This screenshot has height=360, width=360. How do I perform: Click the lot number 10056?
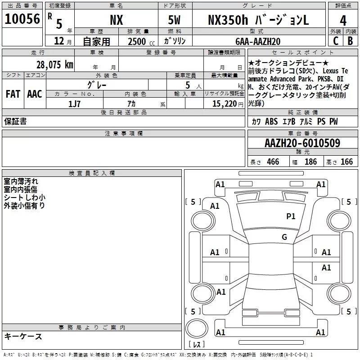click(x=22, y=19)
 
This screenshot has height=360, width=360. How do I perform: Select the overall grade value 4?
click(x=343, y=21)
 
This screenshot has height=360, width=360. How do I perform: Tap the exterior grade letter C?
click(x=336, y=41)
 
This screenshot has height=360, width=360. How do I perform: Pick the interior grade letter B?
click(x=350, y=41)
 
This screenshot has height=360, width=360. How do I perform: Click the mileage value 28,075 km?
click(x=55, y=65)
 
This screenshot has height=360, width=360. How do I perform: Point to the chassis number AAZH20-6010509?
click(x=302, y=143)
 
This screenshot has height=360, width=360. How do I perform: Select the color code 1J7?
click(x=74, y=104)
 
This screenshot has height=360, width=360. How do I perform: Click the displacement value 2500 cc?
click(x=141, y=41)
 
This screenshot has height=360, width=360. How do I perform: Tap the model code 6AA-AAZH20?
click(x=258, y=41)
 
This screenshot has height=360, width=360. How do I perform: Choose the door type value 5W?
click(x=174, y=20)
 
